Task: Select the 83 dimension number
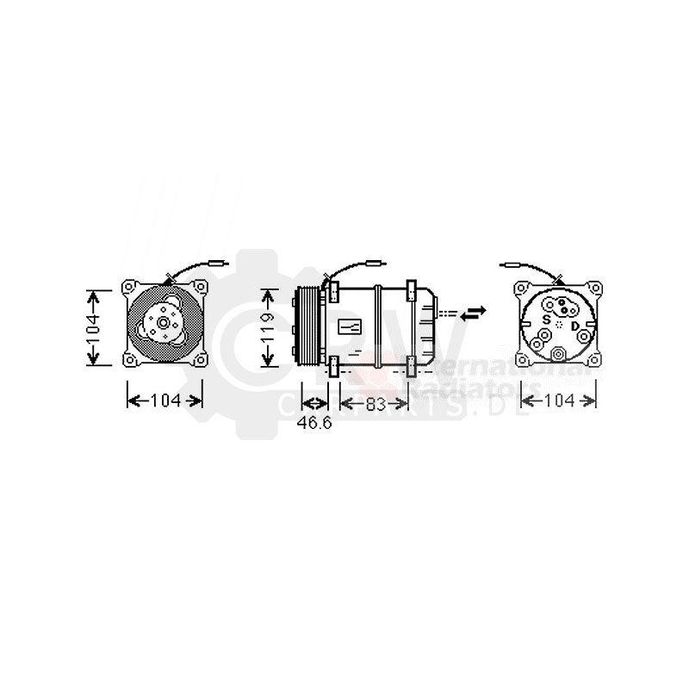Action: [x=374, y=404]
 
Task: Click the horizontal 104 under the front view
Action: [x=164, y=400]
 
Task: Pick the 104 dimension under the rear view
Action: [x=560, y=400]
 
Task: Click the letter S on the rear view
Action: [x=544, y=319]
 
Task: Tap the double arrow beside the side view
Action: [x=474, y=313]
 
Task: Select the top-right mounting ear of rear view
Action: [x=593, y=286]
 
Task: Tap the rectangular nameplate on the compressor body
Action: [x=351, y=326]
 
